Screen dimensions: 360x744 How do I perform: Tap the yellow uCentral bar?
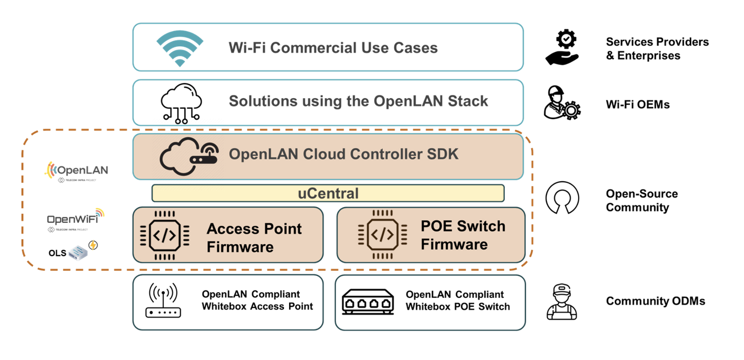point(327,194)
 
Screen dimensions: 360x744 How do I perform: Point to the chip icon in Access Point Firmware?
point(164,235)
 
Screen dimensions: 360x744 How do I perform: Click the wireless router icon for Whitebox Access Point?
point(163,301)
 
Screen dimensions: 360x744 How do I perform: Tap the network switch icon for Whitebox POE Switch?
point(367,303)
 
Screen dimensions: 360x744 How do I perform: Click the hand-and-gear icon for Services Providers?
point(562,47)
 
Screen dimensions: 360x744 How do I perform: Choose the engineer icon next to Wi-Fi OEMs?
point(562,103)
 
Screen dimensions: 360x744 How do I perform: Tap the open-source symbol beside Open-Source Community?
point(562,199)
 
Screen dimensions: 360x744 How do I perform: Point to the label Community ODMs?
point(655,301)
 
